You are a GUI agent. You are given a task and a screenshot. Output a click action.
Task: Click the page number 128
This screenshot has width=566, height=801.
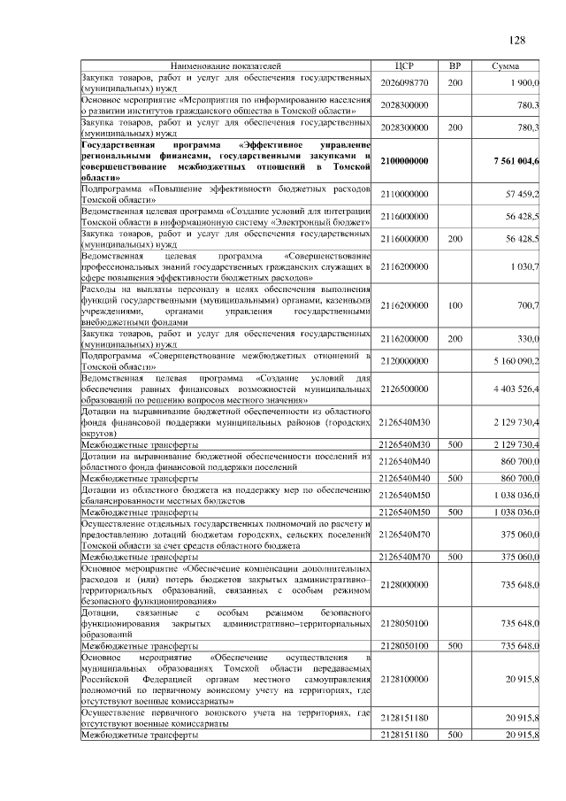pyautogui.click(x=517, y=40)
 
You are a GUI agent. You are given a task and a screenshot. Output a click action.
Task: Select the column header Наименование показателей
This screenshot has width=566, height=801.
pyautogui.click(x=225, y=66)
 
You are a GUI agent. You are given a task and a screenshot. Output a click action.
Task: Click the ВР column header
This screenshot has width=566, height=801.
pyautogui.click(x=455, y=66)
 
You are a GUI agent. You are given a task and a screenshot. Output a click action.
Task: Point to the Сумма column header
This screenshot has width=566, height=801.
pyautogui.click(x=506, y=66)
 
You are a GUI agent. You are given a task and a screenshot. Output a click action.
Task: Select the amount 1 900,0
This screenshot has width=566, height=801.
pyautogui.click(x=524, y=82)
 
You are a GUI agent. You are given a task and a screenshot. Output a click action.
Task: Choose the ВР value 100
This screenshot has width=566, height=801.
pyautogui.click(x=455, y=305)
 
